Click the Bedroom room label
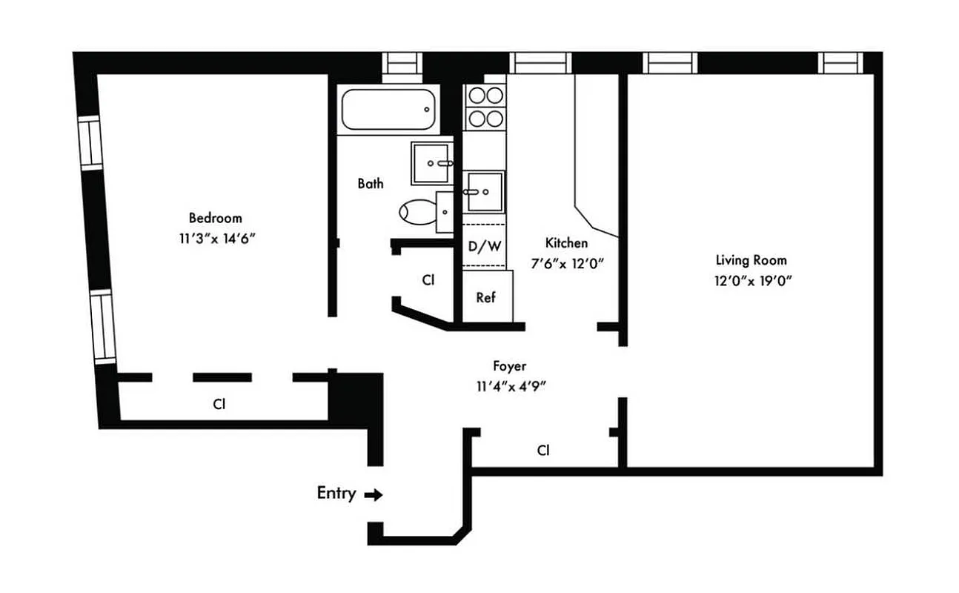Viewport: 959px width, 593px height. click(x=215, y=218)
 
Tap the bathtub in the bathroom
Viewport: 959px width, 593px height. click(x=388, y=110)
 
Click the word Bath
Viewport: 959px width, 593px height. click(x=371, y=183)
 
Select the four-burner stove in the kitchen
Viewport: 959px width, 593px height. click(x=485, y=107)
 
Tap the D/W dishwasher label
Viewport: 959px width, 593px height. click(x=485, y=246)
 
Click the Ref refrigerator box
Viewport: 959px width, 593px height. click(x=486, y=297)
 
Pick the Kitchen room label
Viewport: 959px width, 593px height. click(x=566, y=242)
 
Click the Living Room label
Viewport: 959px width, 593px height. click(x=751, y=260)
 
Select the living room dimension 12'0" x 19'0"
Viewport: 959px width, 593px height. click(x=751, y=281)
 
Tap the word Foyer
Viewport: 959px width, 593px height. click(x=510, y=365)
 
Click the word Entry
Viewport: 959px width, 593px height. click(x=336, y=493)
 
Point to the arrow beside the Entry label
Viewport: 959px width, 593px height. click(x=374, y=495)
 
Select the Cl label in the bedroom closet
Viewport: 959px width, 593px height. click(x=219, y=404)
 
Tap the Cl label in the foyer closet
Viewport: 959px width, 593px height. click(x=543, y=450)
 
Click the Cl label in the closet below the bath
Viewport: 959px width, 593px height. click(x=428, y=280)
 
